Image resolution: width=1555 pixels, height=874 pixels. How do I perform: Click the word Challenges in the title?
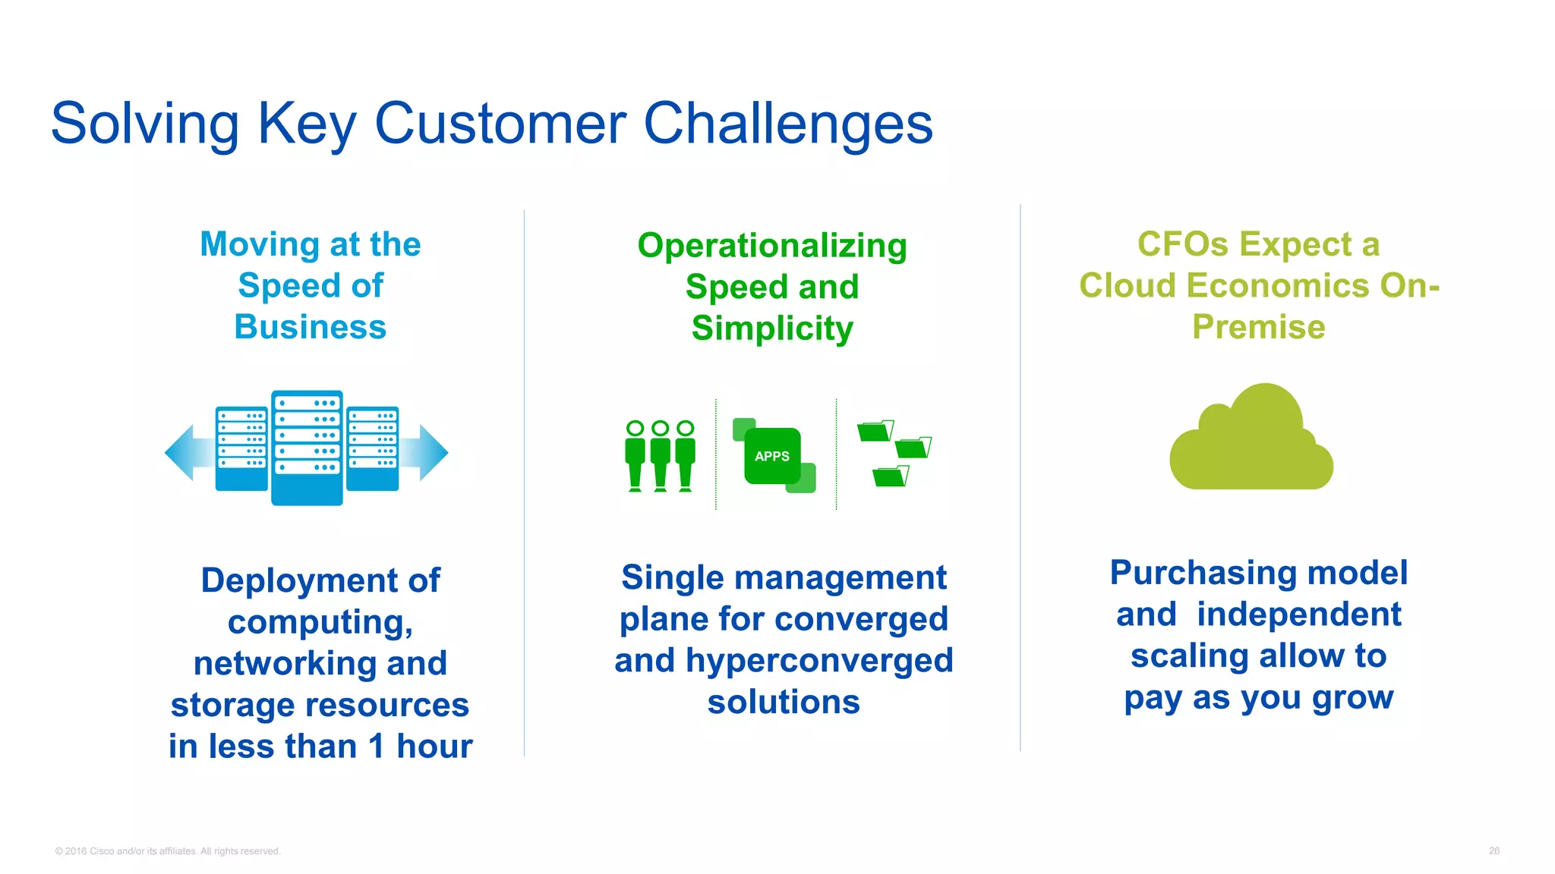point(787,124)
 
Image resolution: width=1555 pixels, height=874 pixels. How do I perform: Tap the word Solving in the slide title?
point(144,124)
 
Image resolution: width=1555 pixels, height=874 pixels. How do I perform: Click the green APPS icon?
point(772,456)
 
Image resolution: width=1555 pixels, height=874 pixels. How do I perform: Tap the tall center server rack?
point(307,448)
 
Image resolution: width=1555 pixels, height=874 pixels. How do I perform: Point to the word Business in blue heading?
point(310,327)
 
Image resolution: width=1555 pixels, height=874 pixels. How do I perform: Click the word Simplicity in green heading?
point(772,329)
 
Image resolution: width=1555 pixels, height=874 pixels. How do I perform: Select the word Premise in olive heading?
point(1258,327)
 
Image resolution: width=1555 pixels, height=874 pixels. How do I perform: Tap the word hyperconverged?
point(819,660)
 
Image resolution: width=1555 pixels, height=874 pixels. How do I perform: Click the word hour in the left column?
point(434,746)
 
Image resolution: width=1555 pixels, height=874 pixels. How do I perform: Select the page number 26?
point(1493,850)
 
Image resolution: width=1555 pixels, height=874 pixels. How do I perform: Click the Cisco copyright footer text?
point(168,851)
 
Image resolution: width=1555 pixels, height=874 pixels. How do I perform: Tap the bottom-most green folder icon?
point(890,476)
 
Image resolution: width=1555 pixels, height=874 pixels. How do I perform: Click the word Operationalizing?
point(772,246)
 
